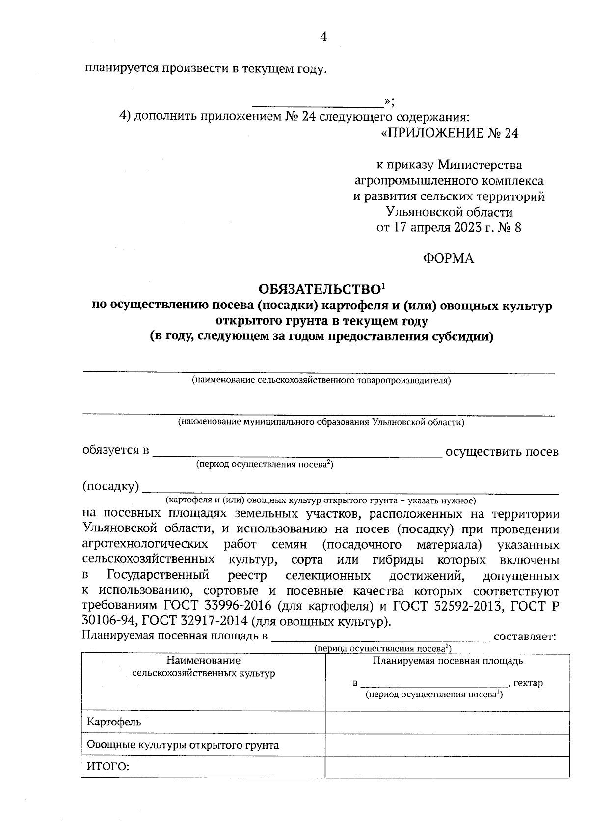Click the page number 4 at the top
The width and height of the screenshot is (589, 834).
click(323, 37)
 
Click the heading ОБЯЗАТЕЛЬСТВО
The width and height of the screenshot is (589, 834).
click(320, 289)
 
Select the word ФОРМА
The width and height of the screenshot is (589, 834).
click(449, 259)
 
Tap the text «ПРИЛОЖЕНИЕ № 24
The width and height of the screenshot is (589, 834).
click(449, 133)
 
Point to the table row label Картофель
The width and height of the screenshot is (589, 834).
click(114, 722)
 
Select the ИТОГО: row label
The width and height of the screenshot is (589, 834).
click(107, 767)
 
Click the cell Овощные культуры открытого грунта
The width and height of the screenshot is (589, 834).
click(183, 745)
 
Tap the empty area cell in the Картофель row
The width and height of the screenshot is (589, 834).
click(447, 723)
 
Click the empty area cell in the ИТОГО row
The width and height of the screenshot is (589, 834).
click(447, 767)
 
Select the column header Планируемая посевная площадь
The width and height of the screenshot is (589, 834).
click(447, 661)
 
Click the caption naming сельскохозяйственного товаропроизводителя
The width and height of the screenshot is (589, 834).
click(321, 380)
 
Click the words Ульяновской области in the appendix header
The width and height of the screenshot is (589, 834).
click(449, 212)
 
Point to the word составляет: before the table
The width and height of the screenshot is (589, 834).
click(524, 637)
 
